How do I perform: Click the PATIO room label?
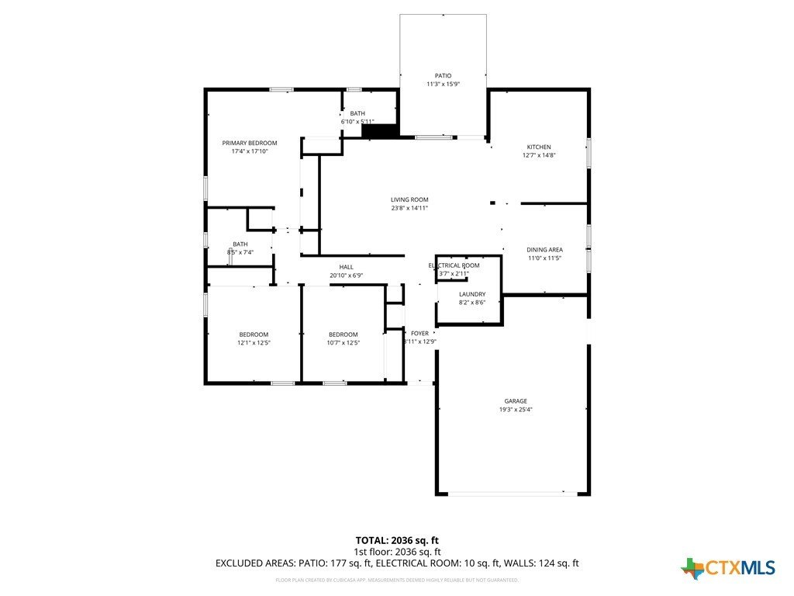point(443,75)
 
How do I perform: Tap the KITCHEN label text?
point(539,147)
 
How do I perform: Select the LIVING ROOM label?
point(409,199)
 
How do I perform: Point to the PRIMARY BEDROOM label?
point(250,143)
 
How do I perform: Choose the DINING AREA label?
point(544,249)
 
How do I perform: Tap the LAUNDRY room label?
point(472,294)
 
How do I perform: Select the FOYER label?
point(419,333)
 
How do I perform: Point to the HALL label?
point(346,267)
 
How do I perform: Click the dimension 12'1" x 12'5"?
point(254,342)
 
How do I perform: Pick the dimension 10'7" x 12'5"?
point(343,342)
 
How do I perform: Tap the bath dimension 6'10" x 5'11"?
point(357,122)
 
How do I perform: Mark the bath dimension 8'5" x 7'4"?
point(240,252)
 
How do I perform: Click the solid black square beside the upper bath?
point(380,131)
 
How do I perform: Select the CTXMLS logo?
point(728,568)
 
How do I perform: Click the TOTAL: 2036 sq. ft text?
point(397,540)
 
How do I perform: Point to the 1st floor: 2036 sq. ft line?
point(397,552)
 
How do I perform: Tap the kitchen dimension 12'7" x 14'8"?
point(539,155)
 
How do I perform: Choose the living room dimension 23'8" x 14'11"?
point(409,208)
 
